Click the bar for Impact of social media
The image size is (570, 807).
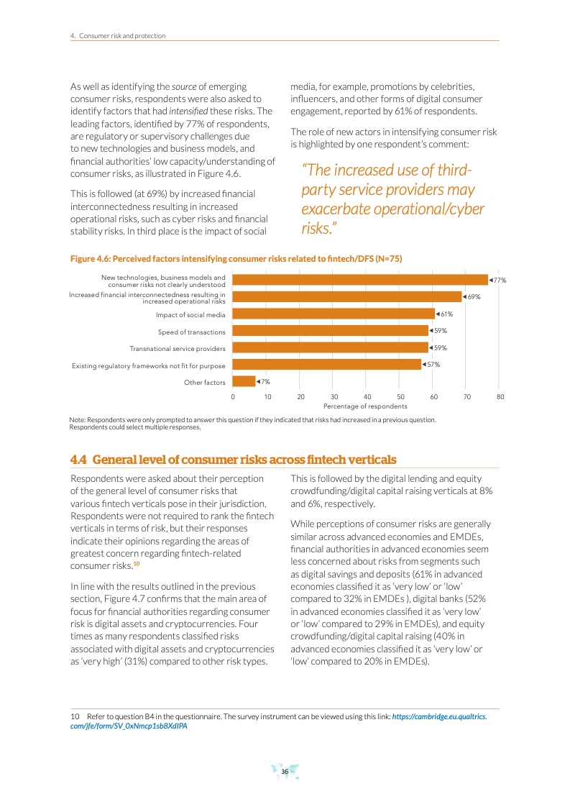click(x=334, y=314)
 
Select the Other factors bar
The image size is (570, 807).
click(x=244, y=382)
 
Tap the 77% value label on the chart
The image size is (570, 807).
click(x=498, y=280)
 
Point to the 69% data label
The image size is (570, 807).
click(x=472, y=297)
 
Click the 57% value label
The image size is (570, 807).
click(x=431, y=365)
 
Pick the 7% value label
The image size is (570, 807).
click(x=265, y=382)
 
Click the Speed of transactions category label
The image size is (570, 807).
click(x=191, y=332)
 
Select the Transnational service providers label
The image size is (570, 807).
click(x=177, y=349)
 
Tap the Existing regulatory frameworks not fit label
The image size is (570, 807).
click(x=149, y=366)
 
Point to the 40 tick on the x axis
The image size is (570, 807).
click(x=367, y=396)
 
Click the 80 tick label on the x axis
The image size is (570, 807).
click(x=500, y=396)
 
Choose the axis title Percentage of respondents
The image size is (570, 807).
click(x=365, y=406)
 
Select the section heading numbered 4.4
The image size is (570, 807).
click(x=233, y=460)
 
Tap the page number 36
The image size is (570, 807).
click(x=285, y=772)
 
